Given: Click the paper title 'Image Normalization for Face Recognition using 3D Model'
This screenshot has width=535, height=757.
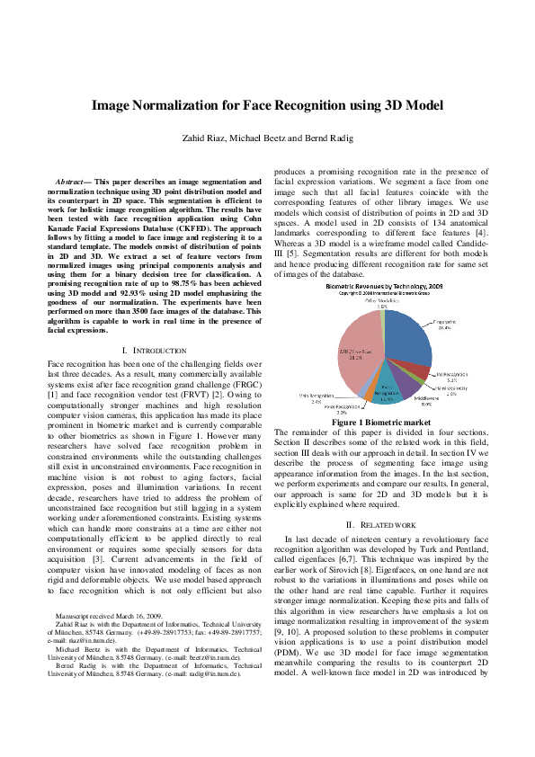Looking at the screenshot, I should pyautogui.click(x=267, y=105).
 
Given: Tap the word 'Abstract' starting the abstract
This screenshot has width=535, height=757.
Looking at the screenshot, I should pyautogui.click(x=72, y=182).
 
